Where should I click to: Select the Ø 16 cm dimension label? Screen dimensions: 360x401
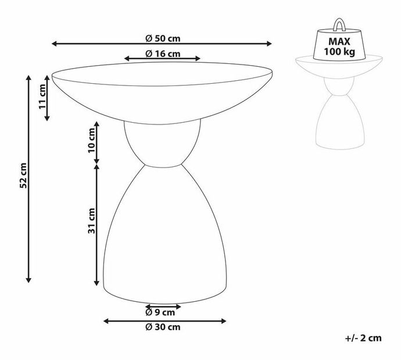point(162,54)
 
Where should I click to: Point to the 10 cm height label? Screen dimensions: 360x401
point(91,144)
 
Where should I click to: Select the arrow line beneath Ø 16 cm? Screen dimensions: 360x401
point(162,59)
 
